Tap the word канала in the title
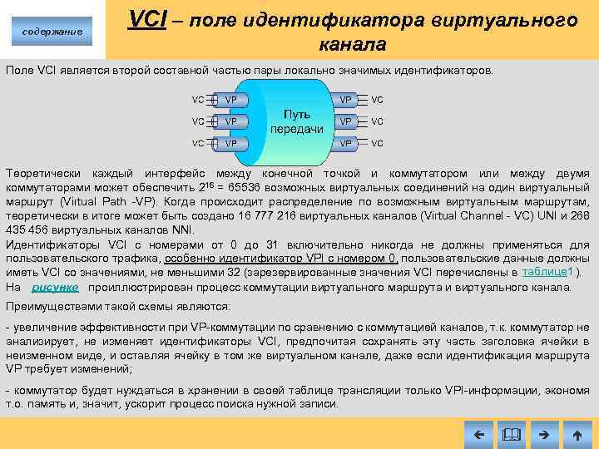click(x=352, y=44)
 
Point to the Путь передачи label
click(x=296, y=121)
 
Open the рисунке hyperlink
click(x=55, y=287)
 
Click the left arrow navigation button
click(x=478, y=433)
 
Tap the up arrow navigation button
click(x=577, y=433)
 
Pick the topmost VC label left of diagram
click(x=198, y=100)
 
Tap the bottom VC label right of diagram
click(x=378, y=143)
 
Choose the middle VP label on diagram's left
click(x=230, y=121)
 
